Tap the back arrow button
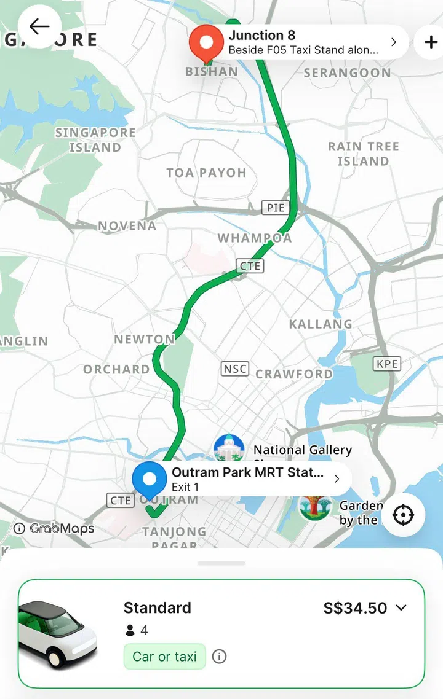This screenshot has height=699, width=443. [x=39, y=26]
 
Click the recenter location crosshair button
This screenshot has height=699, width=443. [x=404, y=515]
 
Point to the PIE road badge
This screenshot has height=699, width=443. [x=275, y=208]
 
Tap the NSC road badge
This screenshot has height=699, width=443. [x=235, y=369]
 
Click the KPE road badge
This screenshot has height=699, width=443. [x=387, y=364]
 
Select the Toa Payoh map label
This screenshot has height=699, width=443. [x=206, y=173]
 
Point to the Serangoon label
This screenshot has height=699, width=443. [x=347, y=73]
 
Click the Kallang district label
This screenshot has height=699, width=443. [x=321, y=324]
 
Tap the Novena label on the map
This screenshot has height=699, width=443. [x=127, y=226]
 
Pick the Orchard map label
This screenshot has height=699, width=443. [x=116, y=369]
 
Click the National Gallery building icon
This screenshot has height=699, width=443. [x=229, y=449]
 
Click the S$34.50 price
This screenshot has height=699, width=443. [x=356, y=608]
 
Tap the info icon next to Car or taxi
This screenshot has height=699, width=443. [x=219, y=657]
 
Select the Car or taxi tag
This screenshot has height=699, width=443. [x=164, y=657]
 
